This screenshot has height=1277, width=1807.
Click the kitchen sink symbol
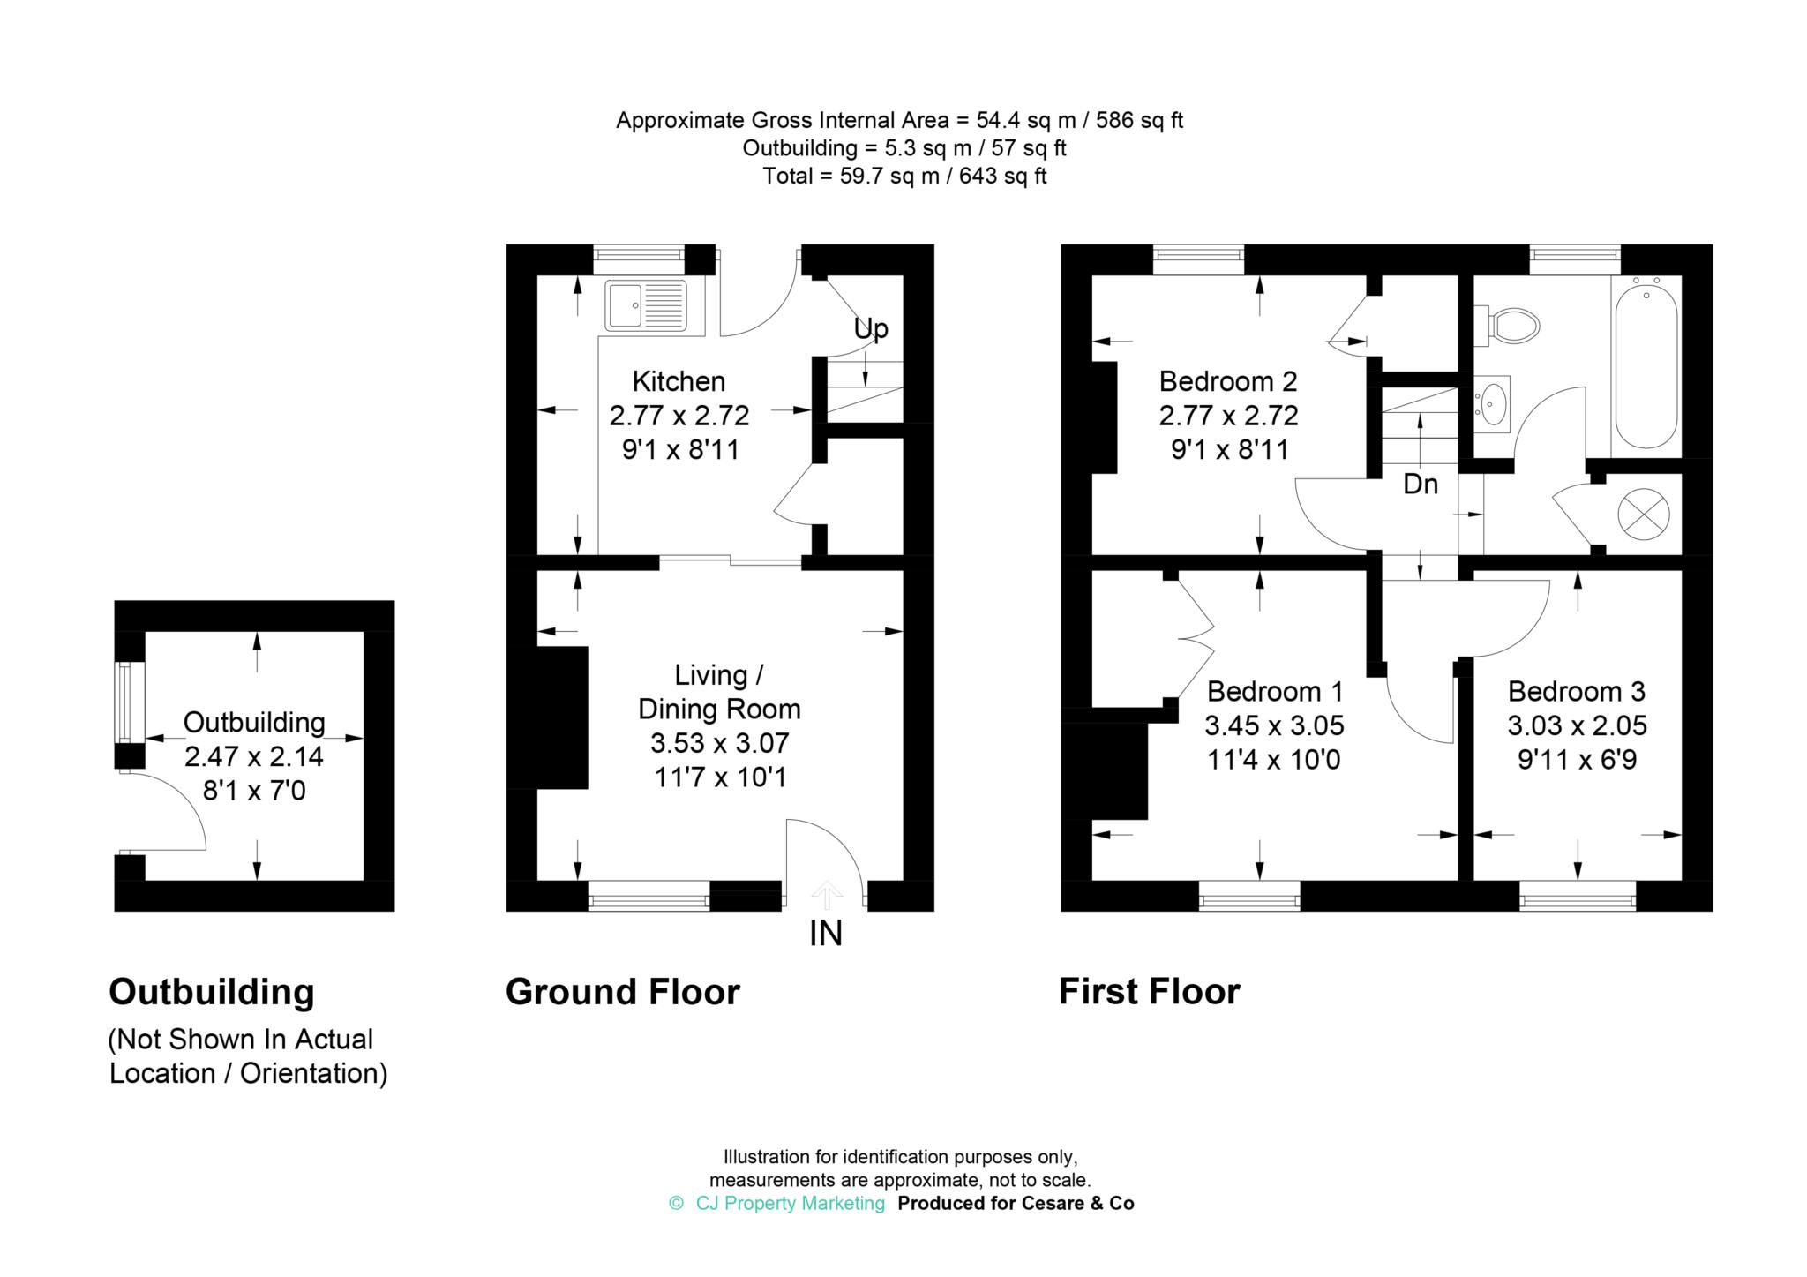646,304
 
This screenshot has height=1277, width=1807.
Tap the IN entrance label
826,934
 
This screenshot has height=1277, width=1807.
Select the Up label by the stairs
871,329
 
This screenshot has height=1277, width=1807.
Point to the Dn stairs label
1421,484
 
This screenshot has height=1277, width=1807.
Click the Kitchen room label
679,381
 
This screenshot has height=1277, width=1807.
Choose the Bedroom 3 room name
1577,691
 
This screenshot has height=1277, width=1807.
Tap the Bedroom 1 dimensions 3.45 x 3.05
1274,725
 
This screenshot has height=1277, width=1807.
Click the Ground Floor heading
623,992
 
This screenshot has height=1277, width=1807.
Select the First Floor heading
1150,992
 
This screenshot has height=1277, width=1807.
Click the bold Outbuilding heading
212,992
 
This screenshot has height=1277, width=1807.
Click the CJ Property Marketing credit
790,1203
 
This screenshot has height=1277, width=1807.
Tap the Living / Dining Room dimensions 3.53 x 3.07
720,743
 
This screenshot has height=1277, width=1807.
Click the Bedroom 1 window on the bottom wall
1249,901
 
